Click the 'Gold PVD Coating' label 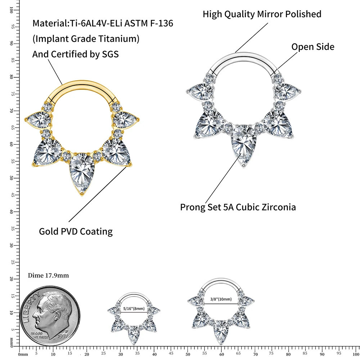[76, 231]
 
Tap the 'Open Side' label [312, 47]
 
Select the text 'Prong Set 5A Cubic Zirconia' [238, 207]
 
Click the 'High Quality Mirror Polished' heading [262, 14]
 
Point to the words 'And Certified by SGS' [75, 54]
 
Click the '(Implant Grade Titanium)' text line [86, 39]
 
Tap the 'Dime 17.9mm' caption [48, 275]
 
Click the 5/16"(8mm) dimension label [134, 309]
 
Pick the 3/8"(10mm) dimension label [221, 299]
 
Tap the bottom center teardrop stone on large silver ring [244, 144]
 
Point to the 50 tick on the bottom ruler [188, 354]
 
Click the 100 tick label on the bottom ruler [355, 354]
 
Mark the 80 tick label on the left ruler [12, 77]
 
